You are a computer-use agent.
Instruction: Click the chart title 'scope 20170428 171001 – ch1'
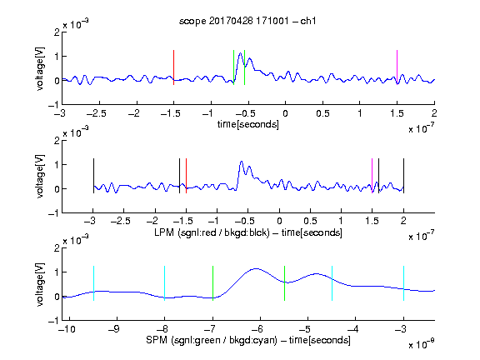tap(247, 21)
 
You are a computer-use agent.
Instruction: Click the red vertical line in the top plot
tap(173, 67)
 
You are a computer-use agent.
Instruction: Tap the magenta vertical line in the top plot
tap(397, 67)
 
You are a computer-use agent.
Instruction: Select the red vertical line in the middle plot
tap(186, 176)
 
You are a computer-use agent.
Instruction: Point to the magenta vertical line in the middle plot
tap(372, 176)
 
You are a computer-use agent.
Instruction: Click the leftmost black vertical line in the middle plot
tap(93, 176)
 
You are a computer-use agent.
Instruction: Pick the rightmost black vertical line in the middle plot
tap(403, 176)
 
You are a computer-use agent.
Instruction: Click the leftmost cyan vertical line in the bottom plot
tap(93, 283)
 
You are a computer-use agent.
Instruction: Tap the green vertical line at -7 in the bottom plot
tap(212, 283)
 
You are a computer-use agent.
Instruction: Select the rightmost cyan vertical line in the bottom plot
tap(403, 283)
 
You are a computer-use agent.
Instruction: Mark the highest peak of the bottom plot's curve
tap(256, 269)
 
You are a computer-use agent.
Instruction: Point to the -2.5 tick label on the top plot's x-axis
tap(96, 113)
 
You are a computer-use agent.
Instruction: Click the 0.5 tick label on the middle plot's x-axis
tap(310, 221)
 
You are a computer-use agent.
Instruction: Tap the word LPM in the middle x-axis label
tap(164, 232)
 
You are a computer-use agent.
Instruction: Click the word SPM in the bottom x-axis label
tap(157, 340)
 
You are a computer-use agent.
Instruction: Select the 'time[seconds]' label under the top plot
tap(248, 124)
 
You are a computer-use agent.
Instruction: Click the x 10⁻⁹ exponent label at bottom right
tap(421, 344)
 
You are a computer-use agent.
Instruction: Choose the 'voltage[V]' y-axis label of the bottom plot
tap(40, 284)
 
